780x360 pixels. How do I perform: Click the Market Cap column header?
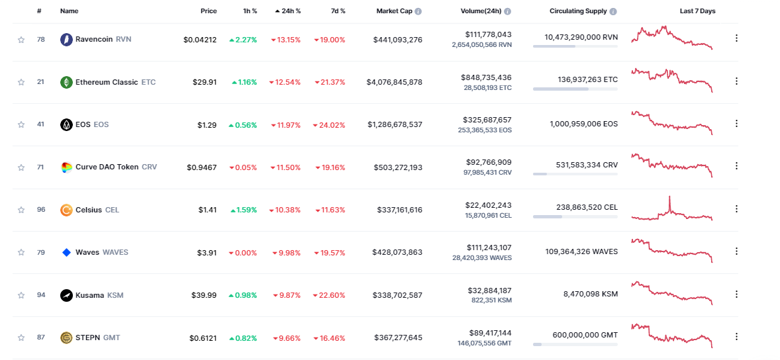(x=395, y=11)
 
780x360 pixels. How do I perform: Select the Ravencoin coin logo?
(x=66, y=40)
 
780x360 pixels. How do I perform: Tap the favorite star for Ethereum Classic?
(x=21, y=82)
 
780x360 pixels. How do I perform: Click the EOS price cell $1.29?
(x=207, y=124)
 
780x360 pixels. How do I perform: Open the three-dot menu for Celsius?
(x=736, y=209)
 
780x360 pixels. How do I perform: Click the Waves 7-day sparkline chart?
(x=672, y=250)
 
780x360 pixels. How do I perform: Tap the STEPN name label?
(x=87, y=337)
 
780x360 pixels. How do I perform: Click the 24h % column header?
(x=288, y=11)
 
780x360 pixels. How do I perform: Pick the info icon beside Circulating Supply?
(x=612, y=11)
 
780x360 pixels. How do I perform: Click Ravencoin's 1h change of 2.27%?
(x=243, y=40)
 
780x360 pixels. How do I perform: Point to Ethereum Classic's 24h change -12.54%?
(x=285, y=82)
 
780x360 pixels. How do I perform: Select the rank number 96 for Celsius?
(x=41, y=210)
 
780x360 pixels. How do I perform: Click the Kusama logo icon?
(x=66, y=295)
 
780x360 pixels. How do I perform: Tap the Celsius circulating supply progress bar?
(x=575, y=216)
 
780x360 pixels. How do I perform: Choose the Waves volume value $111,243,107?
(x=486, y=247)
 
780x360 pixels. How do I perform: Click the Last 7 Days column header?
(x=697, y=11)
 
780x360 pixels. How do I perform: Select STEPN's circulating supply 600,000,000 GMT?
(x=585, y=335)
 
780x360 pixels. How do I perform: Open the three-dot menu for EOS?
(x=736, y=124)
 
